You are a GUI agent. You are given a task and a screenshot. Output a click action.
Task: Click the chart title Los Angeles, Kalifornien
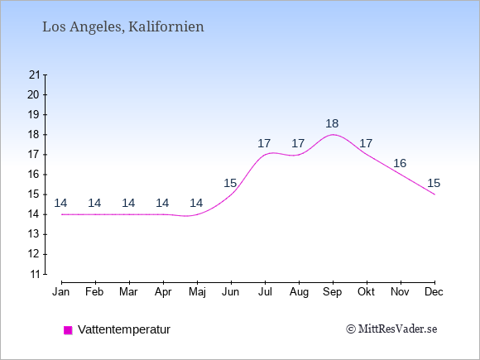[x=123, y=27]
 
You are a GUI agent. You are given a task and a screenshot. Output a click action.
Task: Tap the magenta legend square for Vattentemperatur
[x=68, y=330]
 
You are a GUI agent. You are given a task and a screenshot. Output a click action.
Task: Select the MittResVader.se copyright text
[x=391, y=329]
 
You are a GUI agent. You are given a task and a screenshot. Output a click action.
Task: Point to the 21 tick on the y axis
[x=35, y=74]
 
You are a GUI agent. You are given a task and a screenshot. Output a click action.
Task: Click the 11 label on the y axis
[x=36, y=274]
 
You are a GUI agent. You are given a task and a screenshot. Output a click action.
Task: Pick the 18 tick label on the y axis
[x=34, y=135]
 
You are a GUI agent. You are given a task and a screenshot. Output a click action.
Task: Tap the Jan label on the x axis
[x=61, y=292]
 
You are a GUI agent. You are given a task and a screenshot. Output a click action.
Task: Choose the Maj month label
[x=197, y=292]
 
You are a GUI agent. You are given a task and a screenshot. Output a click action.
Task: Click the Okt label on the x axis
[x=366, y=292]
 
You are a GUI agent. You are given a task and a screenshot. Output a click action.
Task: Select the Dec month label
[x=434, y=292]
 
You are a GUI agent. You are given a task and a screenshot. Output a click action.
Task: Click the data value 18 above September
[x=332, y=123]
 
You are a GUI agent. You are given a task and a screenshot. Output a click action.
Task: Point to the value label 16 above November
[x=400, y=164]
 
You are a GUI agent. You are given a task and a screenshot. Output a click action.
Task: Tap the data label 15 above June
[x=230, y=184]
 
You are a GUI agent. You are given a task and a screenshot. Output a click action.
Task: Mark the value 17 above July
[x=264, y=143]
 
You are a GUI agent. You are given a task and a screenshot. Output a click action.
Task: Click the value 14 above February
[x=94, y=203]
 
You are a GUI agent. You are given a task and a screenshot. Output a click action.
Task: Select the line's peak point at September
[x=333, y=134]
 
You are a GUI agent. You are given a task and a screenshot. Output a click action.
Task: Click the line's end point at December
[x=434, y=194]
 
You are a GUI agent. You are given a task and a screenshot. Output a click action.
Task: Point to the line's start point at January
[x=62, y=214]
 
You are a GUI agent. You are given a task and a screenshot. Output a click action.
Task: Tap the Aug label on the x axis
[x=299, y=292]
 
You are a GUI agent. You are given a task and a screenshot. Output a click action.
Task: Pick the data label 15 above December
[x=434, y=184]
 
